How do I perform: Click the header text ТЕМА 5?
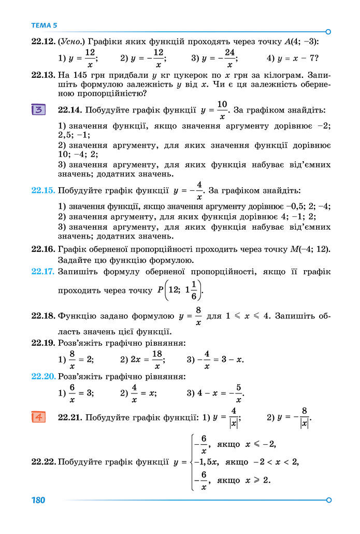coord(45,25)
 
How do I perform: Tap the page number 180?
coord(38,500)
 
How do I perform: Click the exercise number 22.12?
coord(43,41)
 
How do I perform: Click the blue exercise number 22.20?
coord(43,376)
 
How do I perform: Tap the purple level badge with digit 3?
coord(39,110)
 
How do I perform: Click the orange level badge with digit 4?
coord(39,416)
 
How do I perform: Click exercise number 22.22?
coord(43,461)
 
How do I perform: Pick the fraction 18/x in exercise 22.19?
coord(156,359)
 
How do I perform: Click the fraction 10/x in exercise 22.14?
coord(222,110)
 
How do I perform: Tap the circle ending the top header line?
coord(328,31)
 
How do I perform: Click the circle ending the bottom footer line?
coord(328,500)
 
